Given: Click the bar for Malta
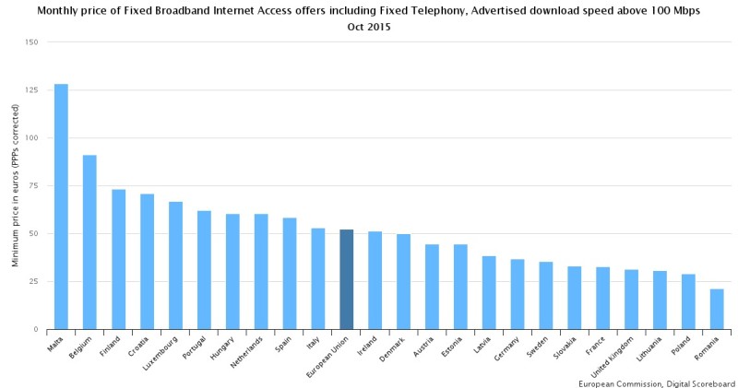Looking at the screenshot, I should (61, 206).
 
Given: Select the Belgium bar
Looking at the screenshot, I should (89, 241).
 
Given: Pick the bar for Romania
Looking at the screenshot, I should (717, 309).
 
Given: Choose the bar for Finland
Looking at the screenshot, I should (118, 259).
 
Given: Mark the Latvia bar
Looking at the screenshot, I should (489, 292).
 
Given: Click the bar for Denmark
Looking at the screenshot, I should (403, 281).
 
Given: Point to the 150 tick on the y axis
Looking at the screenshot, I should (32, 42).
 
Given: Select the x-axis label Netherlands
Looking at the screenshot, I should (244, 351).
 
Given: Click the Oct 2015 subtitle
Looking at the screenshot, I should (369, 28).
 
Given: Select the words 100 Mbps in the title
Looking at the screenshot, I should (668, 11).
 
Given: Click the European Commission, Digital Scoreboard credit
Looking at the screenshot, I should (656, 382).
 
